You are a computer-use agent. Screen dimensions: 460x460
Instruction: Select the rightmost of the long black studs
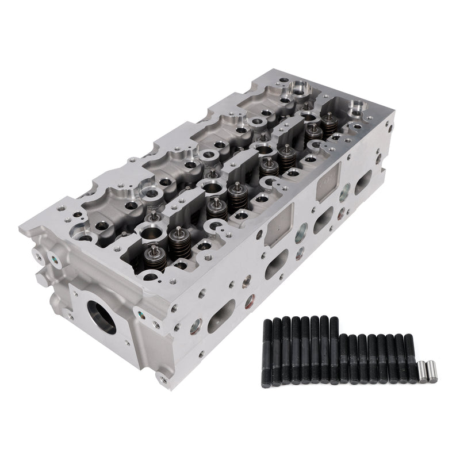point(333,349)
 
